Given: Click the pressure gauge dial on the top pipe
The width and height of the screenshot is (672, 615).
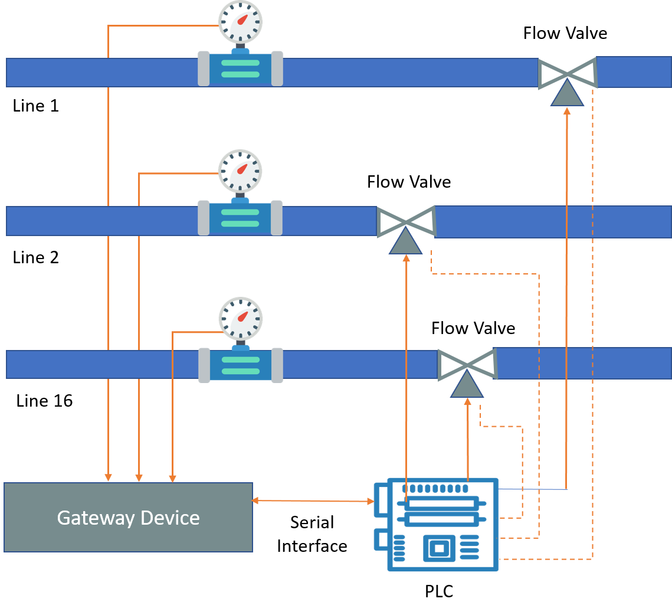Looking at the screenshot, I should pos(240,22).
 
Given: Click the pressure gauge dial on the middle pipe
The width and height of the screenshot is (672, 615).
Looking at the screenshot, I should pos(240,171).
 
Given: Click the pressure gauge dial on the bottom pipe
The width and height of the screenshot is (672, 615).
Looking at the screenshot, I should pos(241,319).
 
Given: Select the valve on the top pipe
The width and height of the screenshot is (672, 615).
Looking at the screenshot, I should pos(568,73).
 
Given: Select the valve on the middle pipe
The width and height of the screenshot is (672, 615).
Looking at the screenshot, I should pos(406,221).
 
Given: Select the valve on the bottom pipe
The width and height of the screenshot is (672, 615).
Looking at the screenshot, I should pos(467,364).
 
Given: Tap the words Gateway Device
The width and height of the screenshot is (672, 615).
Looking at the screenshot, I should pos(128,518).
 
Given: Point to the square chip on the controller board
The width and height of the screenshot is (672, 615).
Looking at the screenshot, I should pos(439,549).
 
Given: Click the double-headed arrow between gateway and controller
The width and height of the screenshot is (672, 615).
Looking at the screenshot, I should pos(313,501).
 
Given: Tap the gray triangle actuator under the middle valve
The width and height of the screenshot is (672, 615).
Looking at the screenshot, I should pos(406,243).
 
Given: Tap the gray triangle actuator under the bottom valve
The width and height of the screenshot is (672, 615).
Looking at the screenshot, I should pos(467,385).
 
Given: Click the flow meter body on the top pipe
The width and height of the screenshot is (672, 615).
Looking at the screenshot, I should pos(240,68).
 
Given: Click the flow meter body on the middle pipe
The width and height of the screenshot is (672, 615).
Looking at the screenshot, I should pos(240,218).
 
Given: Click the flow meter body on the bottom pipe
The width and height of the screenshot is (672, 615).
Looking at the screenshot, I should pos(241,365).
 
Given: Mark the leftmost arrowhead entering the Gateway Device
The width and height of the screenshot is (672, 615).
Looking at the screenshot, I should pos(108,477).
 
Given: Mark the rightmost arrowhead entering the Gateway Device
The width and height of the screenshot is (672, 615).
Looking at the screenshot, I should pos(172,479).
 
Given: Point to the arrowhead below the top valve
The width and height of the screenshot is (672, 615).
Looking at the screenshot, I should pos(567,110).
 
